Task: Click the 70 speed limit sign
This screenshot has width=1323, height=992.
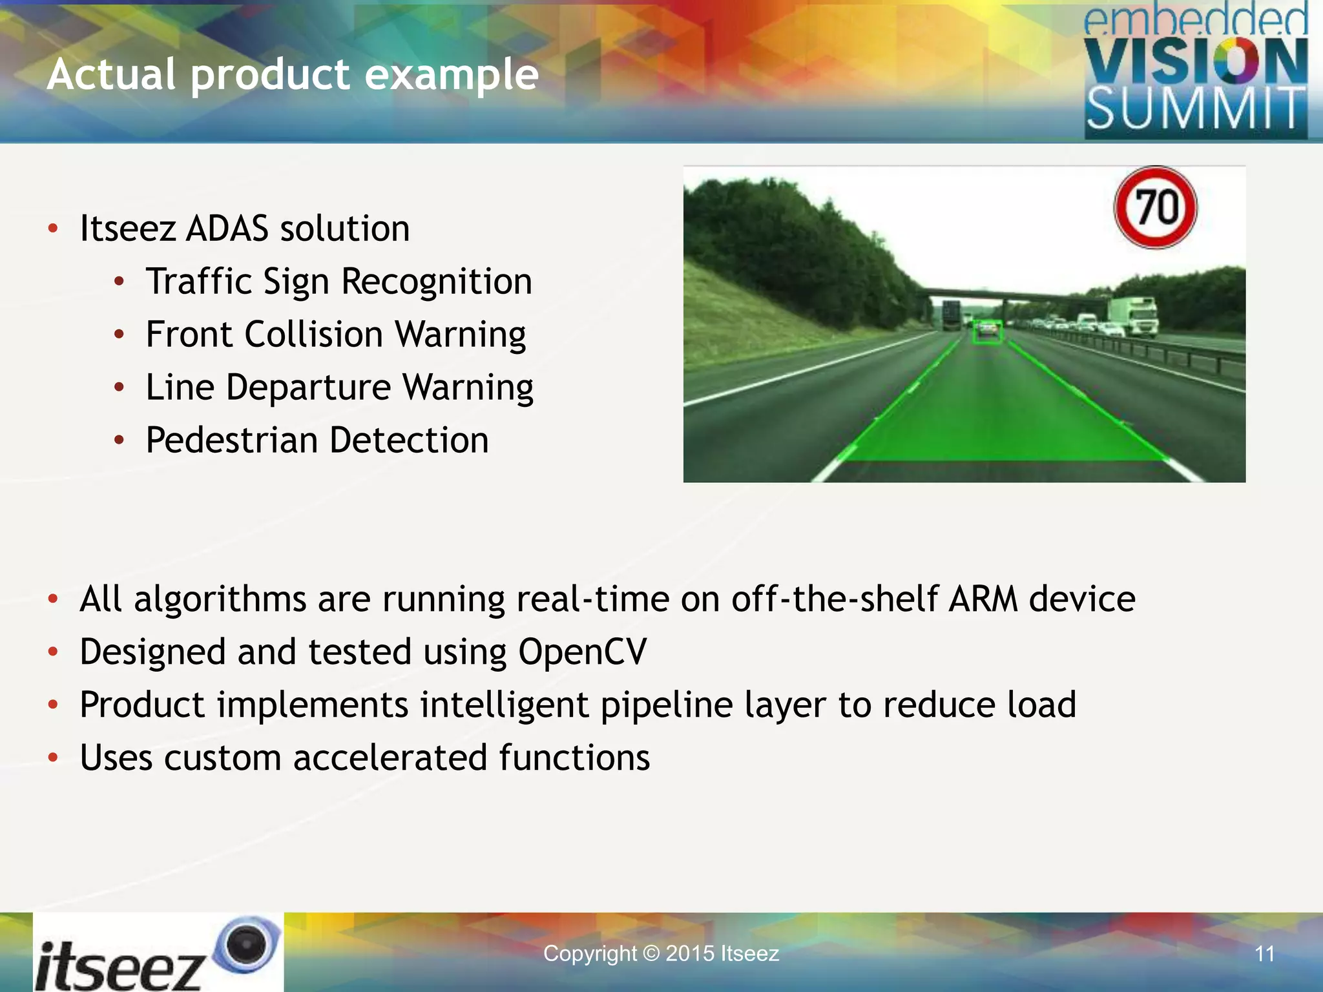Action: pyautogui.click(x=1156, y=208)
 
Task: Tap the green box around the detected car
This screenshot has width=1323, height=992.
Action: pyautogui.click(x=988, y=332)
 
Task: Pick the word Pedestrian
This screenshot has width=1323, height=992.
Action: pyautogui.click(x=231, y=440)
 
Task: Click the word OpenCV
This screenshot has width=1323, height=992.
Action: pyautogui.click(x=582, y=652)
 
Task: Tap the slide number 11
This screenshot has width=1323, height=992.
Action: pyautogui.click(x=1264, y=954)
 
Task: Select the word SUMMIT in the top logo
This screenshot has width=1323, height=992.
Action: pyautogui.click(x=1195, y=109)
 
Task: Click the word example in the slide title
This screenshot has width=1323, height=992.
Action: pyautogui.click(x=452, y=74)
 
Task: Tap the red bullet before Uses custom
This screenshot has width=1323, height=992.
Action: pyautogui.click(x=54, y=757)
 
